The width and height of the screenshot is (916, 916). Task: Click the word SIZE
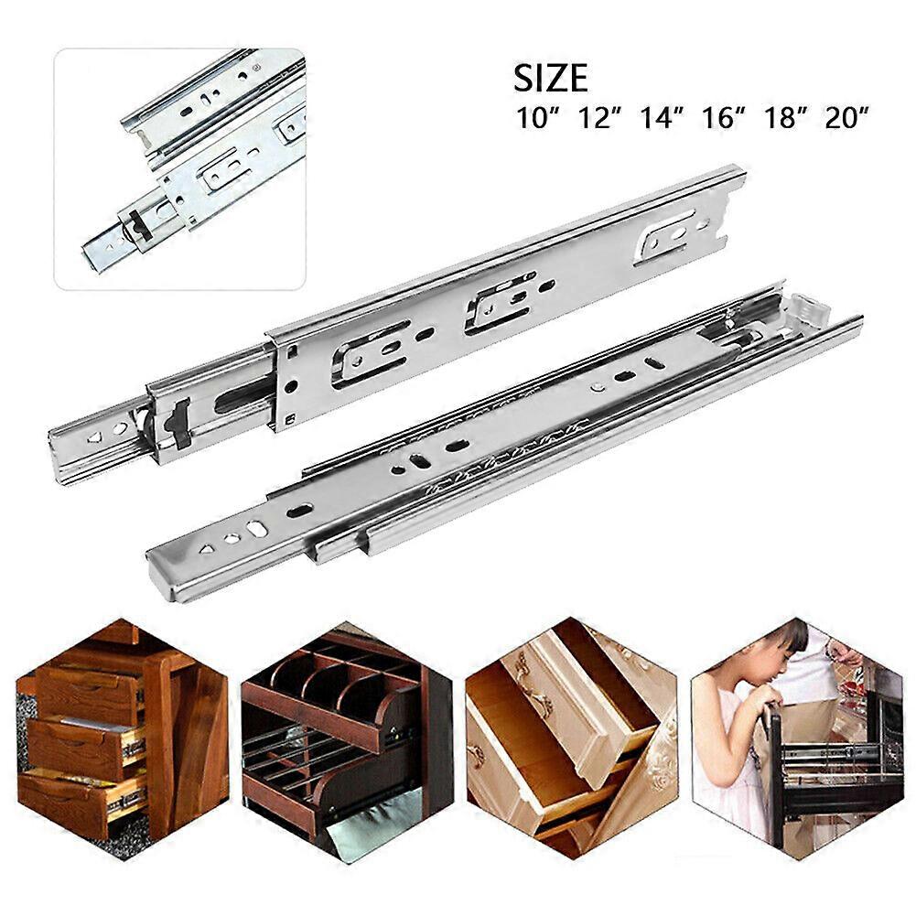[x=550, y=79]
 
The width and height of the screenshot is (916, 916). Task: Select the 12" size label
[x=598, y=118]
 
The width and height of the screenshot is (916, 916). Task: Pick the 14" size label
[x=661, y=118]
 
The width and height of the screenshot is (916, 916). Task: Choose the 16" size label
[x=723, y=118]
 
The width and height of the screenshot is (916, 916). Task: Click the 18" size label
[x=784, y=118]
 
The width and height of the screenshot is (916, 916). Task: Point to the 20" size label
[x=846, y=118]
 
